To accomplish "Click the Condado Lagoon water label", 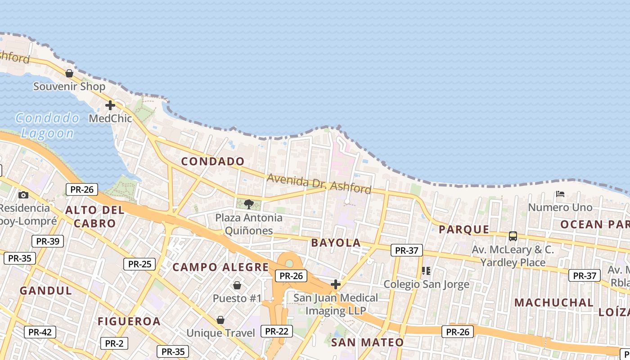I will [47, 126].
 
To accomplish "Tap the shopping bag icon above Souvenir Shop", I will [69, 73].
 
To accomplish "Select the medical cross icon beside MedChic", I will [110, 105].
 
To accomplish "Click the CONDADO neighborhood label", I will [213, 161].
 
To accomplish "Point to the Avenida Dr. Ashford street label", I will [319, 183].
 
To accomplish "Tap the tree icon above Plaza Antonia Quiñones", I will [248, 204].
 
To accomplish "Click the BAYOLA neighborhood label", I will [336, 243].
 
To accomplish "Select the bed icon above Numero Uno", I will [560, 194].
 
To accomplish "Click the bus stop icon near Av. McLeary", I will [513, 236].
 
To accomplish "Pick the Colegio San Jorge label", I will [426, 284].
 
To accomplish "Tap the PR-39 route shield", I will [48, 241].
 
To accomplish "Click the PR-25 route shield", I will [139, 264].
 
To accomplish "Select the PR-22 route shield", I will [276, 331].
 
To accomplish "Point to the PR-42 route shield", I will [40, 332].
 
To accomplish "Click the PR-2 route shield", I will [114, 343].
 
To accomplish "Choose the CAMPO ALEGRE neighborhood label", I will [220, 267].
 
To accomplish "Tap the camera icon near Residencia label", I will [23, 195].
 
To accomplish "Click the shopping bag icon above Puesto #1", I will [237, 285].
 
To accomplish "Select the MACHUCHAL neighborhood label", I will [554, 302].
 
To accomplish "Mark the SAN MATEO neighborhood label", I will [367, 342].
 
